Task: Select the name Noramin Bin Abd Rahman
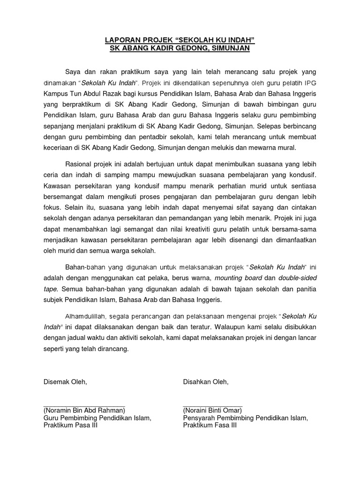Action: coord(84,409)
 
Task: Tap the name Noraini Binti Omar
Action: coord(212,409)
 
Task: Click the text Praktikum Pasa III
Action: coord(70,426)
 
